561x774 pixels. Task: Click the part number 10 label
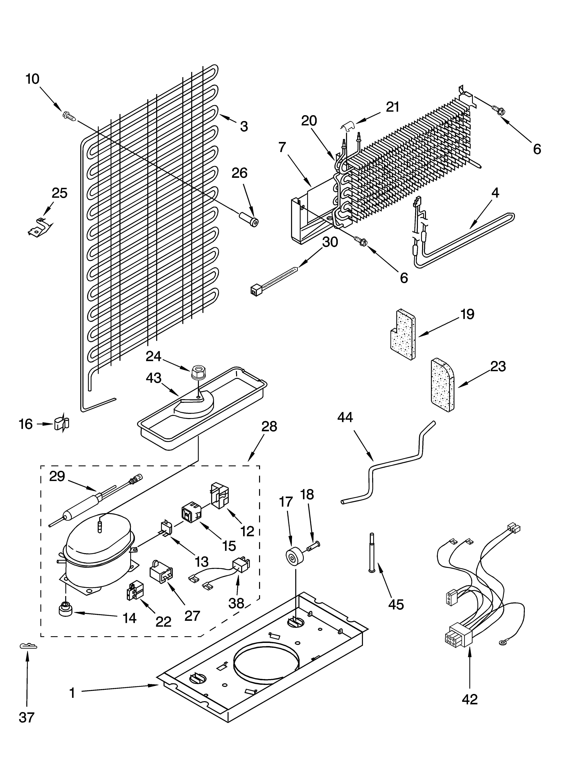click(33, 79)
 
